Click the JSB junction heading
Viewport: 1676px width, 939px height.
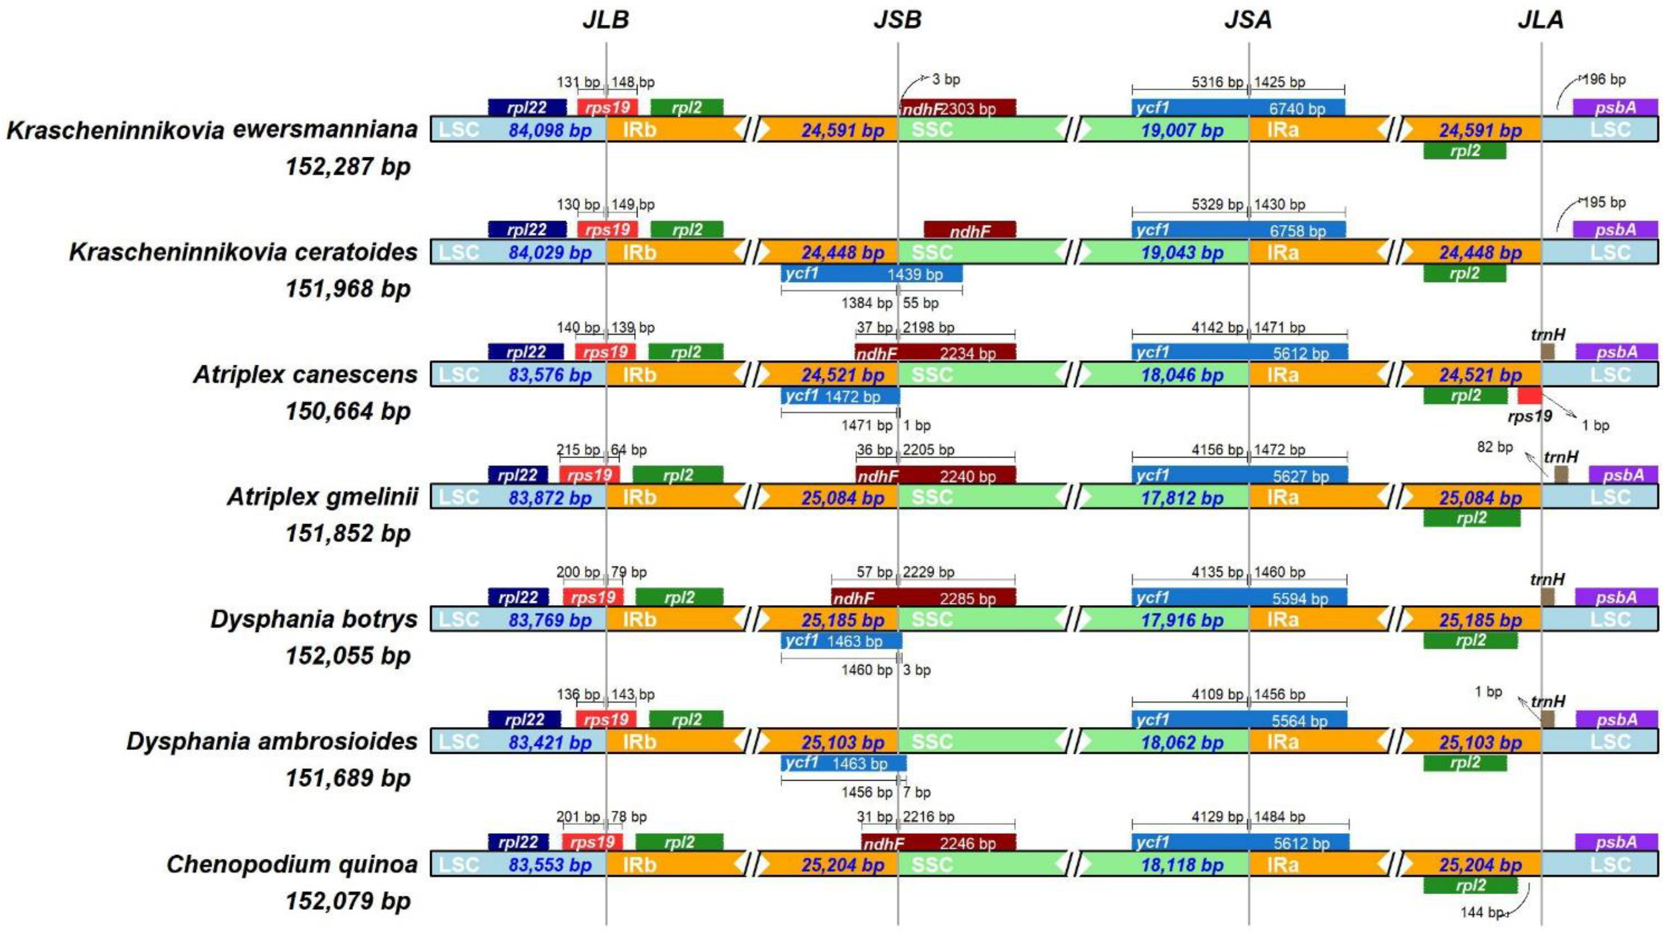point(897,19)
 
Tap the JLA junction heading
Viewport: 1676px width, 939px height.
point(1540,19)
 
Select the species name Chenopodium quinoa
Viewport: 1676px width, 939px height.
point(292,863)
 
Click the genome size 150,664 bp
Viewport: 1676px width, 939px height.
point(347,411)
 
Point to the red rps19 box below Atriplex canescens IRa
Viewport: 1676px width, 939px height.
point(1529,395)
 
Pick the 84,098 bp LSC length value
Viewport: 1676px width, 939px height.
point(550,130)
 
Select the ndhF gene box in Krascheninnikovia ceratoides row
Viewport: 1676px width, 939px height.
point(969,230)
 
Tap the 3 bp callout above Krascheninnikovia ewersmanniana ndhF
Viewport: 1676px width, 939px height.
point(946,79)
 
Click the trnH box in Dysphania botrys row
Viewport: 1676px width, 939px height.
point(1547,597)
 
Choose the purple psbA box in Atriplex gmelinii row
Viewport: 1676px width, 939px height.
point(1623,474)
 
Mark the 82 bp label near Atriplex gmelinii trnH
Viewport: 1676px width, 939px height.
point(1494,447)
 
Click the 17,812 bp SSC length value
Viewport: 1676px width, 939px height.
point(1181,498)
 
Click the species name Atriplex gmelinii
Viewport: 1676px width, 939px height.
point(322,497)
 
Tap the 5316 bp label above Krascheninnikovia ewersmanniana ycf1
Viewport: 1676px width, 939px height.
point(1216,82)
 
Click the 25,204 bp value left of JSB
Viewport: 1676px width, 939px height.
point(843,865)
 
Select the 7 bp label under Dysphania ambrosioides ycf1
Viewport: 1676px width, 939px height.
point(917,792)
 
